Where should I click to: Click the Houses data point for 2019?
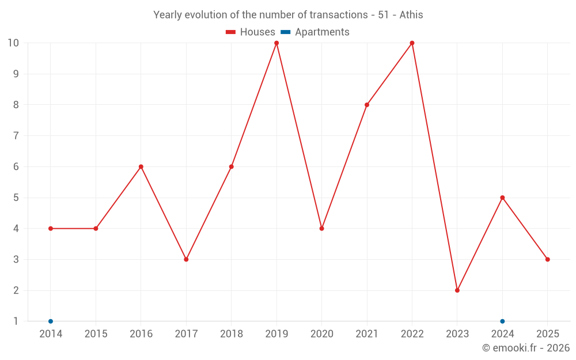coord(276,43)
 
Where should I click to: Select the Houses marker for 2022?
coord(412,43)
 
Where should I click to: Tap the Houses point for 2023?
coord(457,290)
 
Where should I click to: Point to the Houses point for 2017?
coord(186,259)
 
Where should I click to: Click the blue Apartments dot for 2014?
coord(51,321)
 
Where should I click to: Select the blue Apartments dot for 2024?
coord(502,321)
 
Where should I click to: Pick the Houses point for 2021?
coord(367,105)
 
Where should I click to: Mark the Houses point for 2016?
coord(141,166)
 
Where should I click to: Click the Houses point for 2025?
coord(548,259)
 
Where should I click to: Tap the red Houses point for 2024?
coord(502,198)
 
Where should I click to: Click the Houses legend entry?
coord(251,32)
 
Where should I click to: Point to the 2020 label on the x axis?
coord(321,334)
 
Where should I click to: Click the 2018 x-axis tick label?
coord(232,334)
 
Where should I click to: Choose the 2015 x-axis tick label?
coord(96,334)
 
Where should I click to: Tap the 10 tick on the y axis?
coord(13,43)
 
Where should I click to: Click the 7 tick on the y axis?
coord(16,136)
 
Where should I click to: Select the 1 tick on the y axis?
coord(16,321)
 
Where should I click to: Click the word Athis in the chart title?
coord(411,15)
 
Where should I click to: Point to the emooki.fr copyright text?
coord(526,348)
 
